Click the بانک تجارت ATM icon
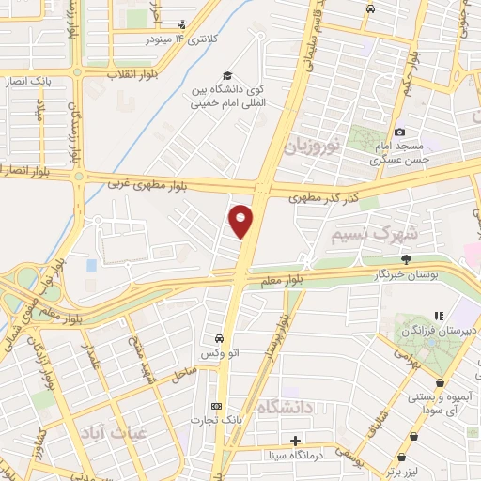click(x=218, y=406)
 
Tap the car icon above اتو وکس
click(x=219, y=338)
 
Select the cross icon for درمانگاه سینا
click(x=296, y=441)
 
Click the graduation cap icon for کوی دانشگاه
click(x=225, y=76)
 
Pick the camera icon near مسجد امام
click(x=400, y=132)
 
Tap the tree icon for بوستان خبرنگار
click(x=406, y=259)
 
